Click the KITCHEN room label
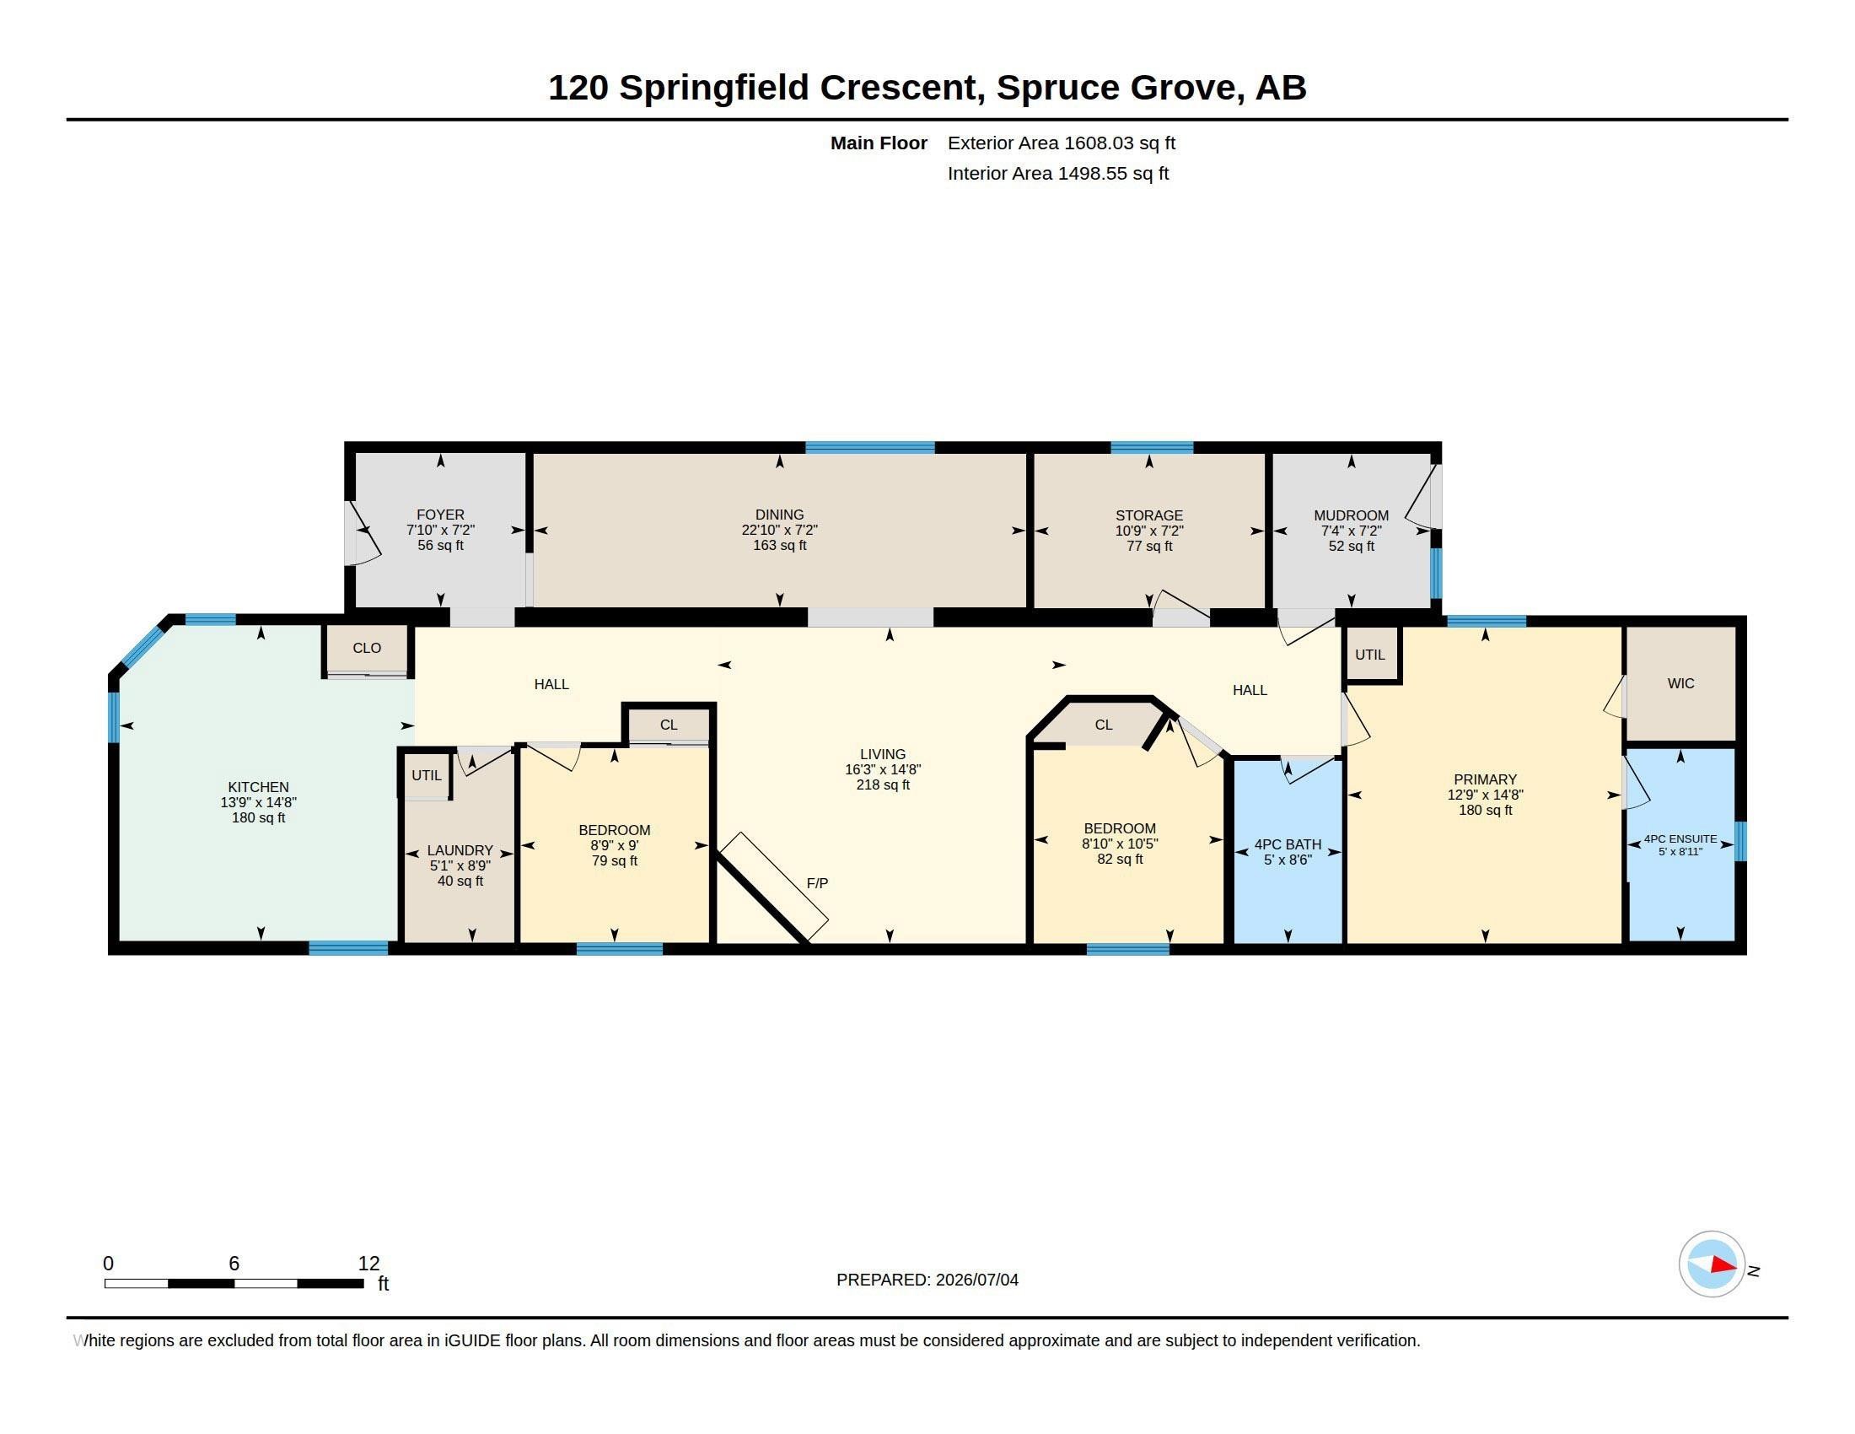click(x=258, y=787)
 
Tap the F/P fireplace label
click(x=817, y=883)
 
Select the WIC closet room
click(x=1680, y=684)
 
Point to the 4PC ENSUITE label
click(x=1680, y=838)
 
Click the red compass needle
click(x=1723, y=1265)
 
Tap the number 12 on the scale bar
click(x=368, y=1264)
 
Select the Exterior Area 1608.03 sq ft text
click(x=1061, y=143)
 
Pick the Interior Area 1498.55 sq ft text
click(x=1057, y=173)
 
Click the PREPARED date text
click(x=927, y=1280)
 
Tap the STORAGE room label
click(x=1148, y=515)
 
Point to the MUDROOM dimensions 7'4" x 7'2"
click(x=1351, y=531)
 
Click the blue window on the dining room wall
click(x=870, y=448)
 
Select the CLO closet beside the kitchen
click(x=367, y=648)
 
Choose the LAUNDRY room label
click(x=460, y=850)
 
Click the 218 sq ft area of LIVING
click(x=883, y=785)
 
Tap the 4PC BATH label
click(x=1288, y=844)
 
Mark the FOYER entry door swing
click(x=363, y=533)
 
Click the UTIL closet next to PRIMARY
click(x=1370, y=655)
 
